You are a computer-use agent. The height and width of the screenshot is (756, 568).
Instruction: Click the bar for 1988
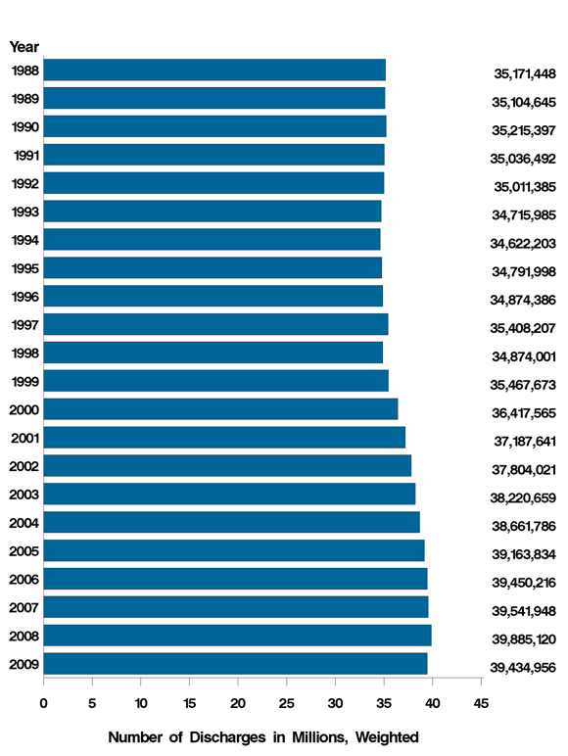pyautogui.click(x=214, y=70)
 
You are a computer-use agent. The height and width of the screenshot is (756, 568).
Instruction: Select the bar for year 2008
pyautogui.click(x=237, y=636)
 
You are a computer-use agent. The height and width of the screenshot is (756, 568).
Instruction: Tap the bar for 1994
pyautogui.click(x=212, y=239)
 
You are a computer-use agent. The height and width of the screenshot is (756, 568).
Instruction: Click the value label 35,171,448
pyautogui.click(x=524, y=74)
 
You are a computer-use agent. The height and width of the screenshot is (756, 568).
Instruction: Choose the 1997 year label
pyautogui.click(x=24, y=325)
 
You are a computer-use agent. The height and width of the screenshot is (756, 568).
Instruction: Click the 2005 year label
pyautogui.click(x=24, y=551)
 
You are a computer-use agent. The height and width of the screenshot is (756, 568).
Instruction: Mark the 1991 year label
pyautogui.click(x=25, y=155)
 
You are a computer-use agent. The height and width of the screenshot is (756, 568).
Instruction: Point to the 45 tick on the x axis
pyautogui.click(x=481, y=702)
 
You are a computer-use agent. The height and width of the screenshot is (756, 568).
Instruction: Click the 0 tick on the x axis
pyautogui.click(x=44, y=702)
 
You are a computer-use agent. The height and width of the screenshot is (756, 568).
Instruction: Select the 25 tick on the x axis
pyautogui.click(x=286, y=702)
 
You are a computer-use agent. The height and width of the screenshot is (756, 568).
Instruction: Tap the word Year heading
pyautogui.click(x=24, y=46)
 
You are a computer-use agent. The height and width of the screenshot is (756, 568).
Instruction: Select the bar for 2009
pyautogui.click(x=235, y=664)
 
